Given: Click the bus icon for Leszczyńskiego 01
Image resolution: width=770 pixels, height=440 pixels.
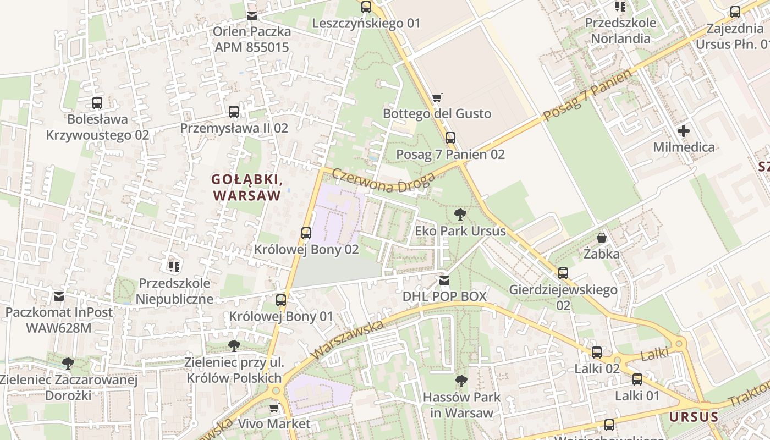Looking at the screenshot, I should point(366,7).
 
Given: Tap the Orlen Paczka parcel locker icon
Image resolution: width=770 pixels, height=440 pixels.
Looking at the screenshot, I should point(252,16).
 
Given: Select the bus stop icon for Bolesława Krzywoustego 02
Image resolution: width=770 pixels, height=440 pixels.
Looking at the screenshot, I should point(97,103).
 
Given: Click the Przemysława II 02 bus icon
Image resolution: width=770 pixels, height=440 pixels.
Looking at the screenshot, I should point(234,112).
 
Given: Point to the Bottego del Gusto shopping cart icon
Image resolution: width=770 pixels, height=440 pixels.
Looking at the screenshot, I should point(437,97).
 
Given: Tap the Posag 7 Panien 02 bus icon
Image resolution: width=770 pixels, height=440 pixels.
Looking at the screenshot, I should point(450,138).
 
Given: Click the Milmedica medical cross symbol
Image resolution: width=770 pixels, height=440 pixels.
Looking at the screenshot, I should point(684,131).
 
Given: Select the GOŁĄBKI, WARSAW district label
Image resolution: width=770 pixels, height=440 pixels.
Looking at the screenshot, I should point(247,188).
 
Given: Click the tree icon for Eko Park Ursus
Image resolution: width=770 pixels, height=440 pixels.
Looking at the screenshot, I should point(460,215).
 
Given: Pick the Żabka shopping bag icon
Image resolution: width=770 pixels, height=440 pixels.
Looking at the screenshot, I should point(602,238).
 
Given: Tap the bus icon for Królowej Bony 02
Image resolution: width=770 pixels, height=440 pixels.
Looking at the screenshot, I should point(306,233).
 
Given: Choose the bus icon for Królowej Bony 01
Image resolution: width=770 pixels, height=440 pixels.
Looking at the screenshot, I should point(281,300).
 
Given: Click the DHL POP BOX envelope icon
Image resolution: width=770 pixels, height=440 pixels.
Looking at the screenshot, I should point(444,280).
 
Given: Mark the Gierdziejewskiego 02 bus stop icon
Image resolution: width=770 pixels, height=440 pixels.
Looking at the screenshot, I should point(563,273).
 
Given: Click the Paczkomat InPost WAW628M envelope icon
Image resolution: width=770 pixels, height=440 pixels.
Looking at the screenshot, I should point(59,296).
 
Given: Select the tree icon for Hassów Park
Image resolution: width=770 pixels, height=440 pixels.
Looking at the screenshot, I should point(461,381).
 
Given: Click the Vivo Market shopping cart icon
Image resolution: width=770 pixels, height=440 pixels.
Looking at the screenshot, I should point(274,408).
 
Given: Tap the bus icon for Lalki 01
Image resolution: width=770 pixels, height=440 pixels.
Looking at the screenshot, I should point(637,380).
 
